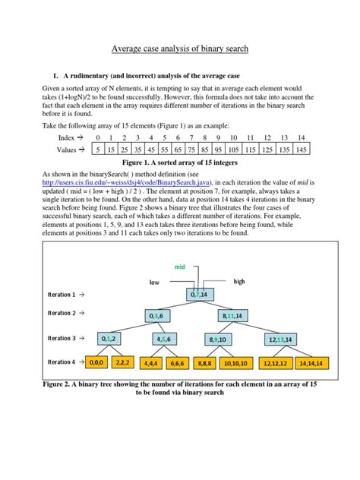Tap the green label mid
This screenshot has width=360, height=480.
point(180,267)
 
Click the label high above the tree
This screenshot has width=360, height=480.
point(239,280)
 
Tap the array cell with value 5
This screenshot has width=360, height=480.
point(96,150)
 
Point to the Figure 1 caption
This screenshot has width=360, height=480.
point(180,164)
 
